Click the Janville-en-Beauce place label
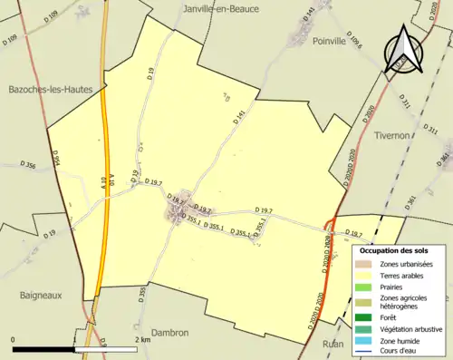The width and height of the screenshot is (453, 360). coord(221,8)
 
